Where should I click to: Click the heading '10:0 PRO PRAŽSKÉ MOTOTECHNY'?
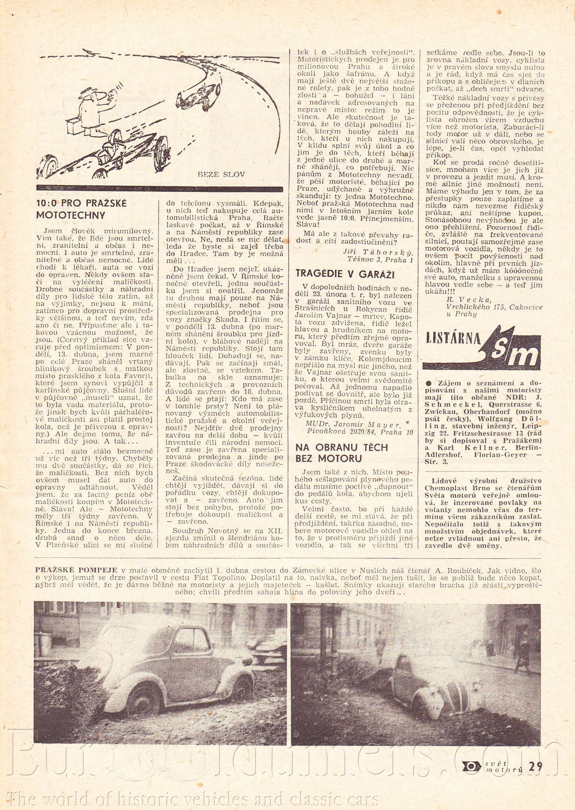[x=81, y=209]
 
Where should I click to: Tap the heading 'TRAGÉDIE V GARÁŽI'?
[x=345, y=274]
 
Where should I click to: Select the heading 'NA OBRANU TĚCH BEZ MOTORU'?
[x=342, y=453]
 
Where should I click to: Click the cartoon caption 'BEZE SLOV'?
[x=221, y=174]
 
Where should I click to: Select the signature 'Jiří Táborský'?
[x=378, y=252]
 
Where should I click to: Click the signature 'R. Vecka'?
[x=469, y=300]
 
